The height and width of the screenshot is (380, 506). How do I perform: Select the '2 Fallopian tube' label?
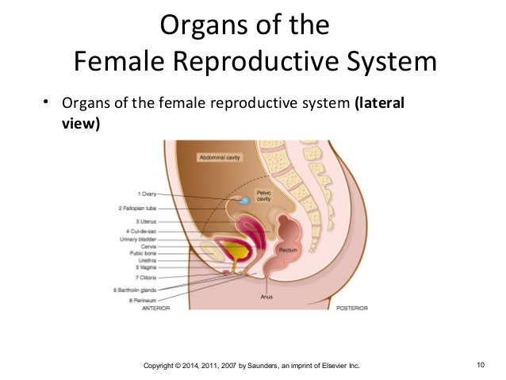[x=138, y=209]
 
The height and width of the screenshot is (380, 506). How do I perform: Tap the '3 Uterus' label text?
[x=146, y=221]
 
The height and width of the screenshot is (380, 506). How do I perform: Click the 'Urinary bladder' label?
[x=137, y=238]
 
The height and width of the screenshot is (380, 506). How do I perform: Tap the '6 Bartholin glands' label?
[x=134, y=290]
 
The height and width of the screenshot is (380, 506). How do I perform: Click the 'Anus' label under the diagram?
[x=267, y=297]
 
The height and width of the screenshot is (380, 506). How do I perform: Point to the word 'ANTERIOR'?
[x=156, y=308]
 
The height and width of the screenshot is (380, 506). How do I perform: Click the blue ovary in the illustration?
[x=246, y=202]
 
